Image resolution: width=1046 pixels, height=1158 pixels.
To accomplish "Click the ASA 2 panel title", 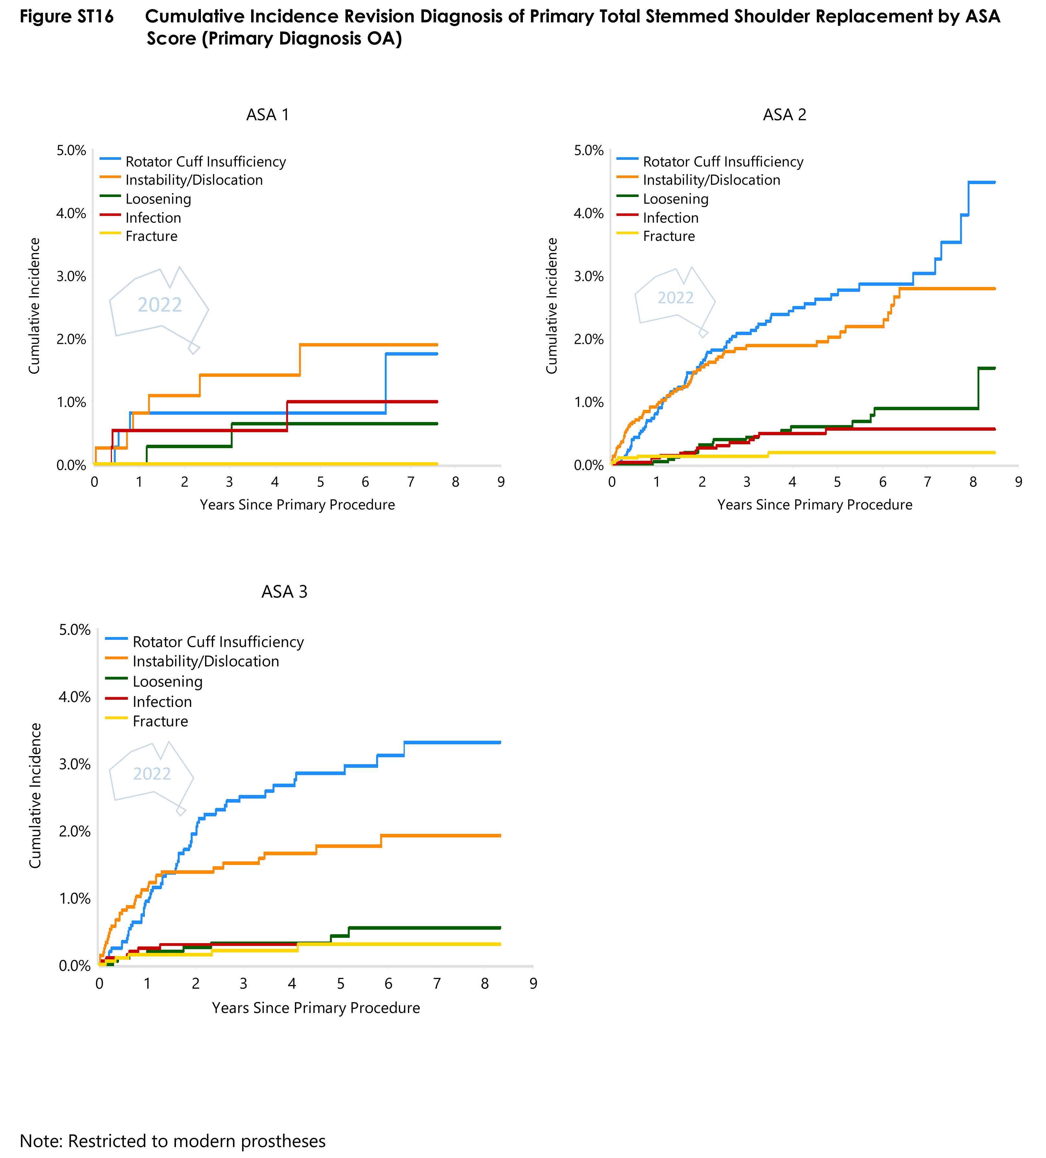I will click(x=784, y=115).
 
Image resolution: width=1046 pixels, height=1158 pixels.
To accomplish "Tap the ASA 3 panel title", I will click(x=284, y=591).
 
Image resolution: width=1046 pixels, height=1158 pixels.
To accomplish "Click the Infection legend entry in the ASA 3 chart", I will click(x=162, y=701).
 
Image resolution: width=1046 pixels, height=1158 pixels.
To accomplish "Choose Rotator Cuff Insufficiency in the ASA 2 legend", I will click(x=723, y=162).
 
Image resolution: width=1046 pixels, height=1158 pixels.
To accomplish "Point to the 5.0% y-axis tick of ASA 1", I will click(x=71, y=150).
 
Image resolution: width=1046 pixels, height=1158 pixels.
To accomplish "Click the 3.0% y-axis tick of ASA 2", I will click(x=589, y=276).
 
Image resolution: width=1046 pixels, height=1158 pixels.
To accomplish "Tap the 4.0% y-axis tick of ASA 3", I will click(x=75, y=697).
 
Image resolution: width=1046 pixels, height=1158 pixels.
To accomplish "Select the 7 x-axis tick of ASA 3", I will click(x=436, y=983).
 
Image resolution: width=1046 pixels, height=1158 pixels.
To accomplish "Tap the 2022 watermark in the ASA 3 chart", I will click(x=152, y=774).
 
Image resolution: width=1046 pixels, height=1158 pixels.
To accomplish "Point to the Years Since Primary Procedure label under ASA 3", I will click(x=316, y=1008).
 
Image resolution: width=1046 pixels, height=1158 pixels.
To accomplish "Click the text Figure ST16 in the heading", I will click(x=67, y=17).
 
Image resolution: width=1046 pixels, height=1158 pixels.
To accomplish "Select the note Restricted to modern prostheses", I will click(x=172, y=1141).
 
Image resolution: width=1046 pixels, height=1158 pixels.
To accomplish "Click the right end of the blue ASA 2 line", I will click(x=994, y=183).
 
